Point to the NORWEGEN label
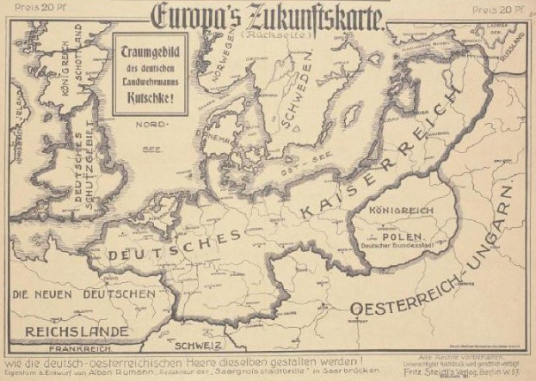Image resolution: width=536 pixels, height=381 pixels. [x=230, y=56]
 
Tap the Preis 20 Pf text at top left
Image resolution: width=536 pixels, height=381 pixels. [x=34, y=8]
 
